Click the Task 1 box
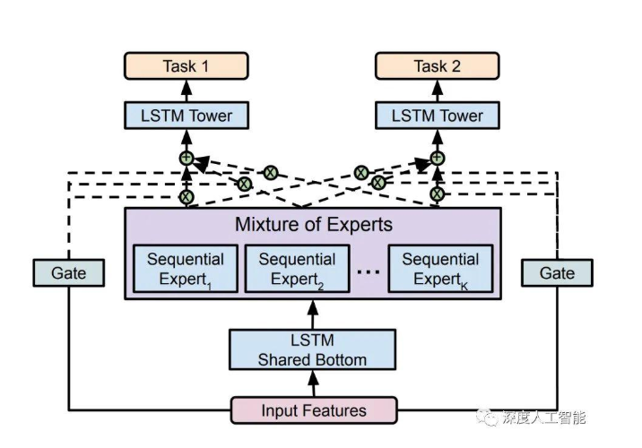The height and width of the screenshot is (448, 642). tap(187, 66)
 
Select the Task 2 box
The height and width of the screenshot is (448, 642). tap(437, 66)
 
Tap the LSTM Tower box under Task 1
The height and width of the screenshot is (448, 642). tap(187, 116)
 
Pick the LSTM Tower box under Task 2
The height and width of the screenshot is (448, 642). tap(437, 116)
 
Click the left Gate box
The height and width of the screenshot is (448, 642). tap(67, 272)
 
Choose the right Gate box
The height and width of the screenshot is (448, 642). tap(557, 272)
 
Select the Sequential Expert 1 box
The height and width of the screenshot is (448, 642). tap(186, 267)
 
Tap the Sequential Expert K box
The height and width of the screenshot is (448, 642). tap(439, 267)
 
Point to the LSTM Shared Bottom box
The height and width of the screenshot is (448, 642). tap(312, 350)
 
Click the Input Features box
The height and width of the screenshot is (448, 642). tap(313, 410)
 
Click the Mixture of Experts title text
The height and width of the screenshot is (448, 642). tap(313, 223)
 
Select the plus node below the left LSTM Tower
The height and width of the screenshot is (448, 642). tap(187, 158)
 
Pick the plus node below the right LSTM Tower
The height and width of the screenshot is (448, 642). tap(437, 158)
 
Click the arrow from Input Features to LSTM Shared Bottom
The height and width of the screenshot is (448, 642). tap(313, 384)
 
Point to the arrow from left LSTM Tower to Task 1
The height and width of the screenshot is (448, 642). tap(187, 90)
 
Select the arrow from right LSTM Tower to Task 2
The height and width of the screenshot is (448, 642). tap(437, 90)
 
